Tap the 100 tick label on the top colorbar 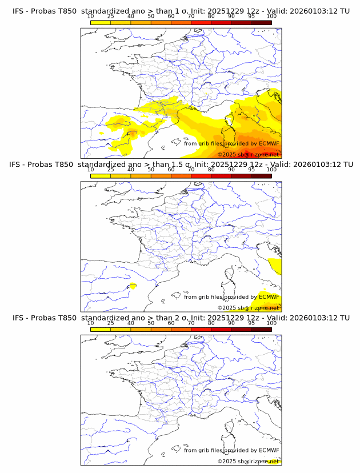coord(271,16)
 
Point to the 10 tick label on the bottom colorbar coord(90,323)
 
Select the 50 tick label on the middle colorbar coord(151,170)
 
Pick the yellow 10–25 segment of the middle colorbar coord(100,176)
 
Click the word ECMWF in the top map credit coord(269,143)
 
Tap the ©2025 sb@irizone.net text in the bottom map coord(248,461)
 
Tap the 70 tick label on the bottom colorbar coord(191,323)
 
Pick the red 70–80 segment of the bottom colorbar coord(201,329)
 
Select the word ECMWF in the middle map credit coord(269,296)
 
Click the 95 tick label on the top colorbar coord(251,16)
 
